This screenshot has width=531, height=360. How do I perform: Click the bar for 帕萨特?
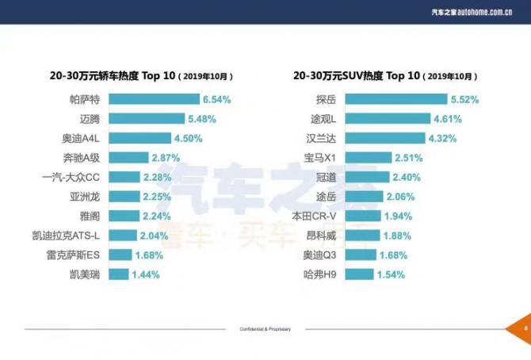tap(153, 100)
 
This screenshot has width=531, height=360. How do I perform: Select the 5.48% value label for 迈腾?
tap(201, 119)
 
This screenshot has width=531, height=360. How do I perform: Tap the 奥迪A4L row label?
tap(82, 138)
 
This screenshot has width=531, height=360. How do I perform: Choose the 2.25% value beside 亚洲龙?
tap(156, 196)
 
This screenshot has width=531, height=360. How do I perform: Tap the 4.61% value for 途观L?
tap(447, 119)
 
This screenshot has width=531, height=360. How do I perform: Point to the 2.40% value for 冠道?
tap(407, 177)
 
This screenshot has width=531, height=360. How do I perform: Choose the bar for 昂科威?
tap(363, 236)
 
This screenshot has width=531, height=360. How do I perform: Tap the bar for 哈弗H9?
tap(360, 274)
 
